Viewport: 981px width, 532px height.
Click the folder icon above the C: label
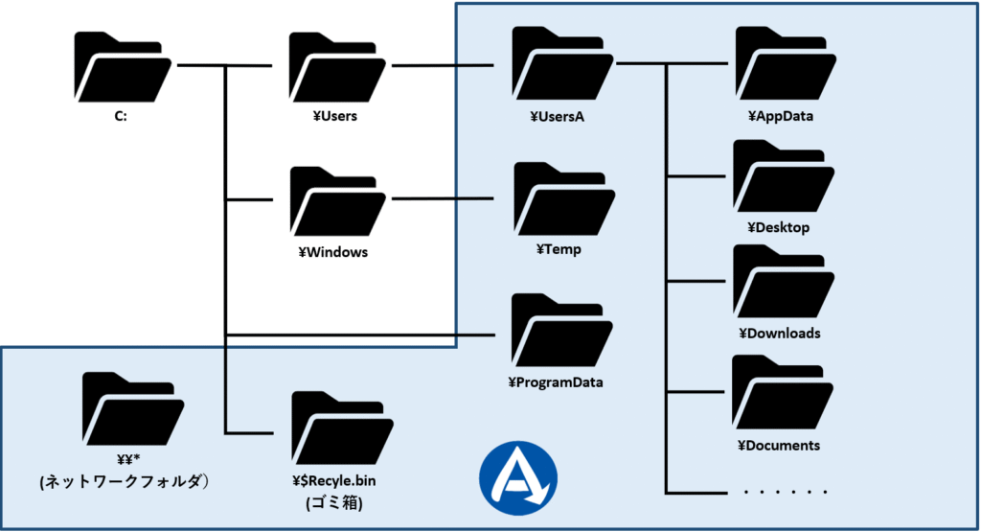tap(123, 69)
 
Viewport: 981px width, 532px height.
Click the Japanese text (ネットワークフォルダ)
tap(124, 482)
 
